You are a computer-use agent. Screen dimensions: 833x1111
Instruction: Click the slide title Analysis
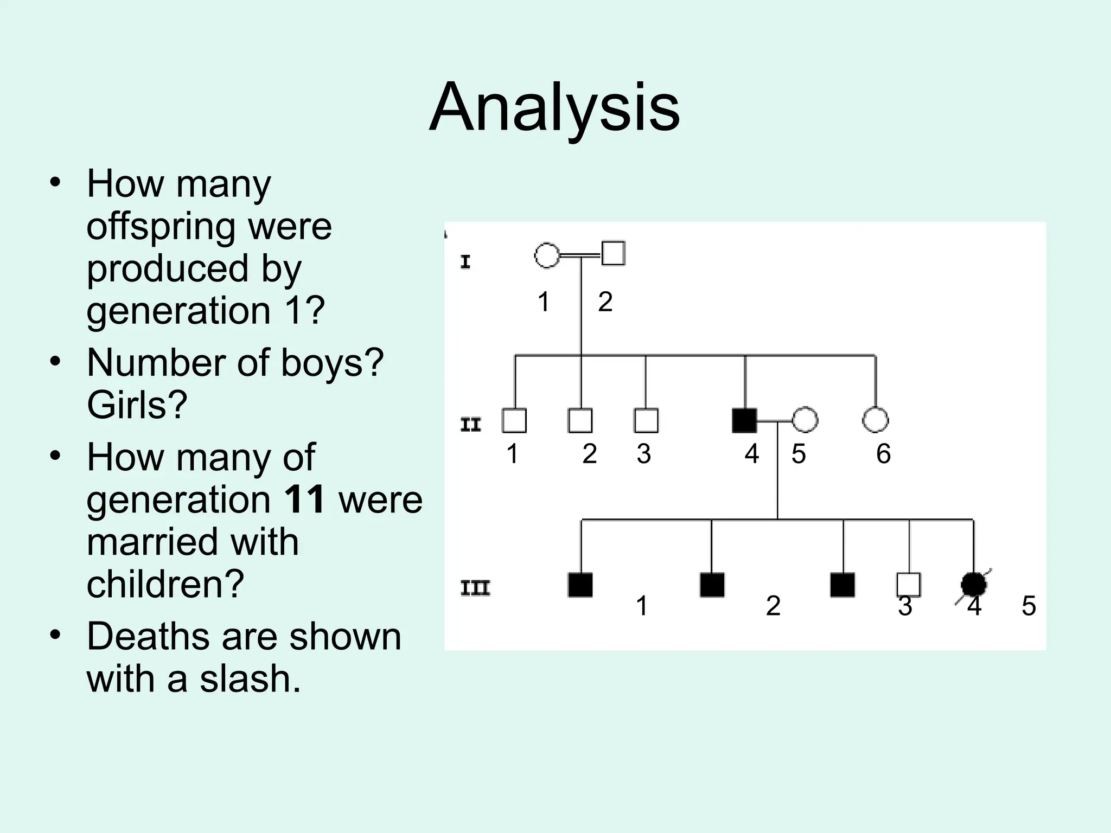pyautogui.click(x=554, y=107)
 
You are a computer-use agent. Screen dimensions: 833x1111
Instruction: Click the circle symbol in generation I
pyautogui.click(x=547, y=255)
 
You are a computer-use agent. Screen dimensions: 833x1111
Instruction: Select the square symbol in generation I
pyautogui.click(x=614, y=253)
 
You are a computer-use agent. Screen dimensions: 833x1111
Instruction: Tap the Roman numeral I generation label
pyautogui.click(x=465, y=262)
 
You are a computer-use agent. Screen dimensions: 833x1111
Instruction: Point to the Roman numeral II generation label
pyautogui.click(x=470, y=424)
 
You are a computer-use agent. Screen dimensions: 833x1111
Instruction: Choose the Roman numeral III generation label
pyautogui.click(x=475, y=588)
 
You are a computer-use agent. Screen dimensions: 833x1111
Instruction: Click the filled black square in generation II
pyautogui.click(x=744, y=420)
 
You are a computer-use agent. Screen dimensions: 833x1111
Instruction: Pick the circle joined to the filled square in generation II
pyautogui.click(x=805, y=420)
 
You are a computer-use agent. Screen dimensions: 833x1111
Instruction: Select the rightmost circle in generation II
pyautogui.click(x=875, y=420)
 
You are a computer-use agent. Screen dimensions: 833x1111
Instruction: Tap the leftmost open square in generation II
pyautogui.click(x=514, y=420)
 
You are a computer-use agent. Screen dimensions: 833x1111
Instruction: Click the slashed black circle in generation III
pyautogui.click(x=973, y=585)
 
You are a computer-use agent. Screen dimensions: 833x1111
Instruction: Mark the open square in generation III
pyautogui.click(x=909, y=585)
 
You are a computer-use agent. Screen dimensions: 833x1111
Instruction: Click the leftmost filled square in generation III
pyautogui.click(x=580, y=585)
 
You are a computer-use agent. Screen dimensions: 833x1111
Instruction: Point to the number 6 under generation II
pyautogui.click(x=883, y=454)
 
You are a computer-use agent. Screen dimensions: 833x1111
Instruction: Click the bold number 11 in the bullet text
pyautogui.click(x=304, y=499)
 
